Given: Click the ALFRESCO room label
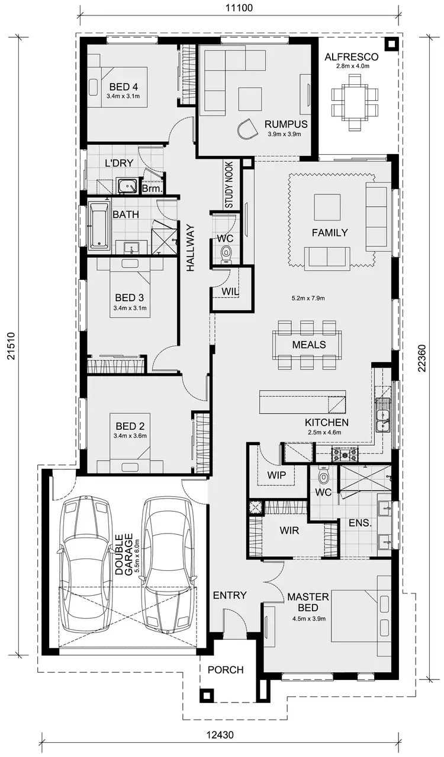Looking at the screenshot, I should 352,57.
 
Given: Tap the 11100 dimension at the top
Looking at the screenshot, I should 240,8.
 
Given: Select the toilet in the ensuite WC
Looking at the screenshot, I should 324,475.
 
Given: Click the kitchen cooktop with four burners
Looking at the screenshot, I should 344,455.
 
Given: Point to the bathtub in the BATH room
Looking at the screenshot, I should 98,226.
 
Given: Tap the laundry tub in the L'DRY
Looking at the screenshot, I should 126,187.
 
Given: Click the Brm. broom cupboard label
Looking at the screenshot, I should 152,189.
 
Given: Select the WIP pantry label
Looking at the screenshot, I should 276,475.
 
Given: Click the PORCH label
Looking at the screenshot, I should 226,670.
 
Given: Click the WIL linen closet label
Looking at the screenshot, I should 230,291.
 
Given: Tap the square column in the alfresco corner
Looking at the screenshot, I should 390,43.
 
